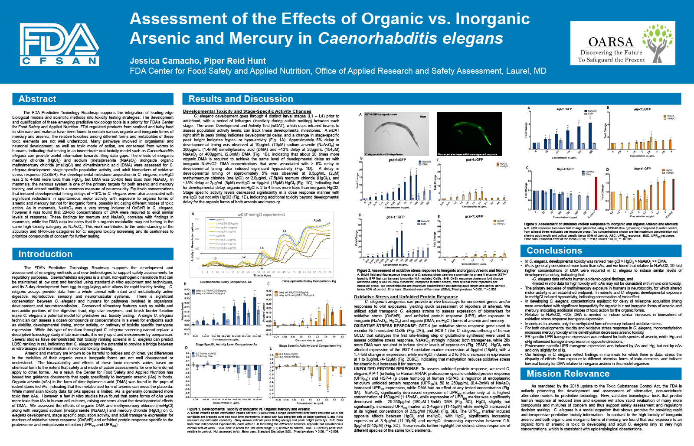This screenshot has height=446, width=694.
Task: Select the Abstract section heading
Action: click(x=37, y=99)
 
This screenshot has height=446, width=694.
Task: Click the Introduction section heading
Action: click(x=45, y=254)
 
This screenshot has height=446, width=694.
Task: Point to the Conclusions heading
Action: click(x=554, y=251)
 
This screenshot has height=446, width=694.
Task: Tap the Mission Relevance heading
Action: click(x=568, y=374)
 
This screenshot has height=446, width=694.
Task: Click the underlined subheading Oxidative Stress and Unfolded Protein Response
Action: click(x=406, y=297)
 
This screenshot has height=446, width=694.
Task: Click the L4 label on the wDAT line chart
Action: click(x=285, y=231)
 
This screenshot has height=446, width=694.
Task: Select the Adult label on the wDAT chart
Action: click(x=317, y=220)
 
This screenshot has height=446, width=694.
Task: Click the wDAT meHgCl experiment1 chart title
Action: click(x=261, y=215)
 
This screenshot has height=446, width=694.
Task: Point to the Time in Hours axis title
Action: click(x=262, y=275)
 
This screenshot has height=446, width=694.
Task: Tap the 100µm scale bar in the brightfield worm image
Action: click(x=422, y=116)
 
